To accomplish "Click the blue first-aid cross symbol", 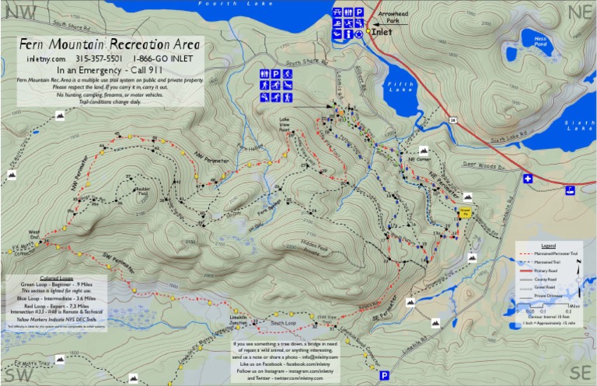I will coord(529,179).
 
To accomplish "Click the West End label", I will coord(34,234).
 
